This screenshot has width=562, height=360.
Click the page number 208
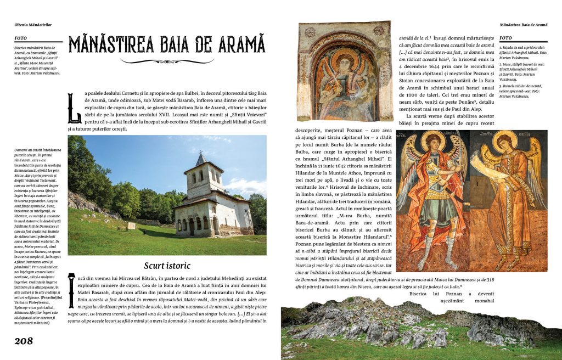pyautogui.click(x=24, y=341)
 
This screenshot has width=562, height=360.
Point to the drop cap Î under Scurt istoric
pyautogui.click(x=71, y=285)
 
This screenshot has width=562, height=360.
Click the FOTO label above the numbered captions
pyautogui.click(x=506, y=38)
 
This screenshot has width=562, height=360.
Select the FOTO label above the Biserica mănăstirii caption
pyautogui.click(x=21, y=38)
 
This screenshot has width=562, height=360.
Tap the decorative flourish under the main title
pyautogui.click(x=167, y=61)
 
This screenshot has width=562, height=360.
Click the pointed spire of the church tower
pyautogui.click(x=201, y=158)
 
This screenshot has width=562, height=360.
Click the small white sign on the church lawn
pyautogui.click(x=131, y=225)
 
